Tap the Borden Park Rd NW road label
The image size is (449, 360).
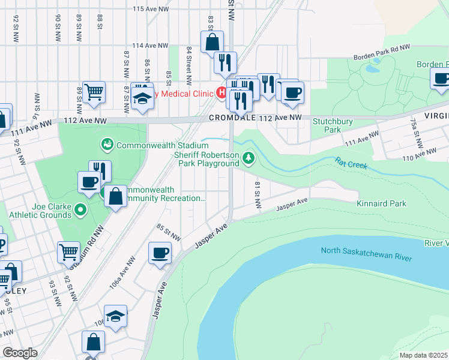coord(381,53)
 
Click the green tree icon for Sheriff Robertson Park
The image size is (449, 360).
coord(249,158)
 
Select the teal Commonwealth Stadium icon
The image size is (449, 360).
coord(107,144)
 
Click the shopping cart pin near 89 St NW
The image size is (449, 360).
coord(94,92)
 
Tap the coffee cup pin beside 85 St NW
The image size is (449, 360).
coord(159,253)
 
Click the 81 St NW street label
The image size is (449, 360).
coord(258,194)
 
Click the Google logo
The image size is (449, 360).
coord(19,353)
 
